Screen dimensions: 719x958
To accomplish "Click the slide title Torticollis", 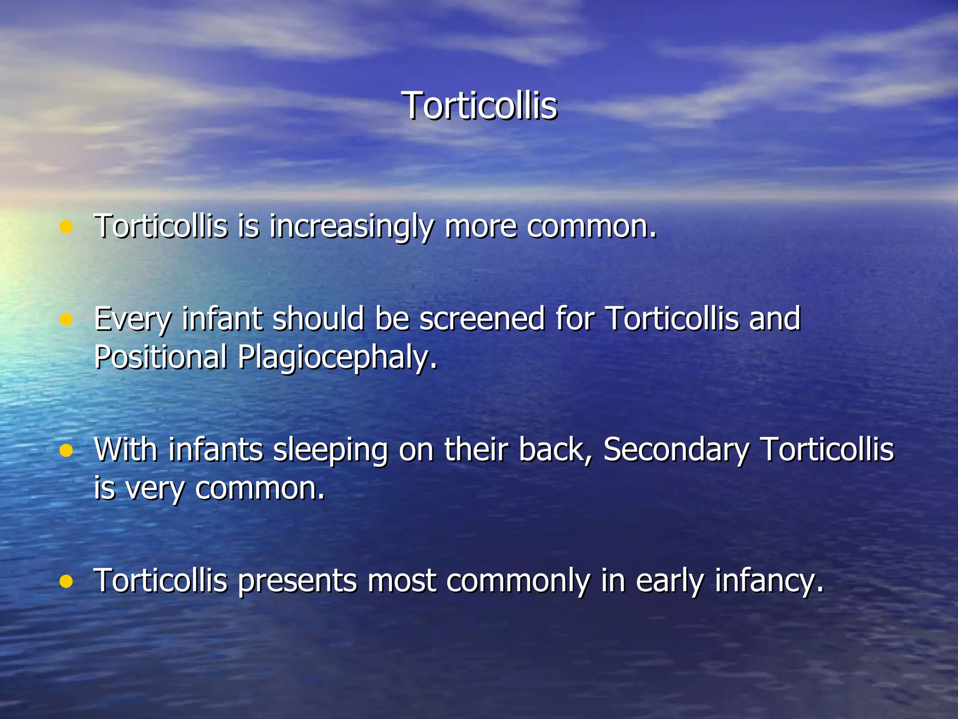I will click(479, 106).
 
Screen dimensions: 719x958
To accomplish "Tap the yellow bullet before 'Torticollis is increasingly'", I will click(66, 227).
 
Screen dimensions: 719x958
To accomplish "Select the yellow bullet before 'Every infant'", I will click(66, 320).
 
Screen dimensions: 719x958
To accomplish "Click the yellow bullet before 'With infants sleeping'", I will click(66, 450).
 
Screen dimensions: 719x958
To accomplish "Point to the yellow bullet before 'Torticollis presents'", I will click(66, 581).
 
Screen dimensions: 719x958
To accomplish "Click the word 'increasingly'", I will click(351, 227).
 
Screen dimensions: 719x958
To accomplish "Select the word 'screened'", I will click(482, 319).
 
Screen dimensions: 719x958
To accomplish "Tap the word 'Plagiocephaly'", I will click(337, 358).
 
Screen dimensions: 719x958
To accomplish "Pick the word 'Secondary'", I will click(676, 450).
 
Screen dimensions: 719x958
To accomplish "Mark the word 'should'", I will click(318, 319).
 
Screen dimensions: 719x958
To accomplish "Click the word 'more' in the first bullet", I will click(481, 227).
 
